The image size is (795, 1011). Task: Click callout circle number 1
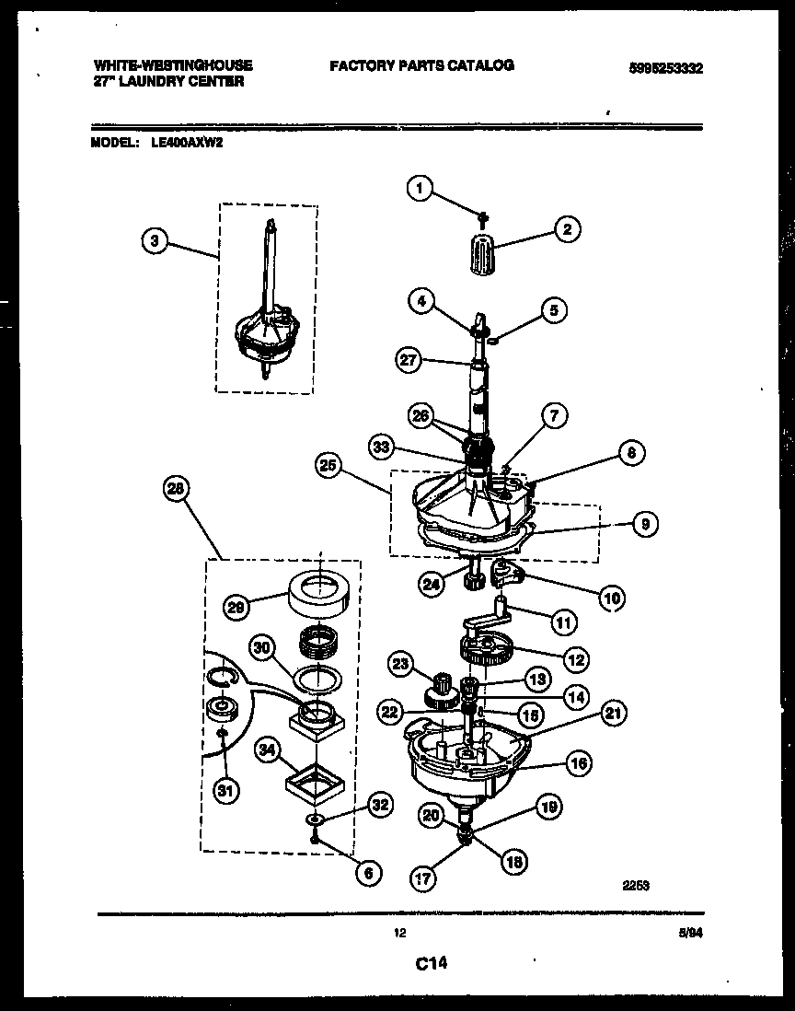[x=420, y=190]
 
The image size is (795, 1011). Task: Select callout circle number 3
[x=156, y=241]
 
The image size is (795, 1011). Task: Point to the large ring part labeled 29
[x=317, y=595]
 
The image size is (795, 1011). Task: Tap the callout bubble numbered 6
[x=367, y=873]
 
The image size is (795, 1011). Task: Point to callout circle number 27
[x=409, y=361]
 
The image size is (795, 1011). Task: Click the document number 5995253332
[x=654, y=67]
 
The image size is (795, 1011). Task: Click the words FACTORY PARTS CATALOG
[x=421, y=65]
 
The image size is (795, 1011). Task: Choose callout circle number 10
[x=610, y=598]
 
